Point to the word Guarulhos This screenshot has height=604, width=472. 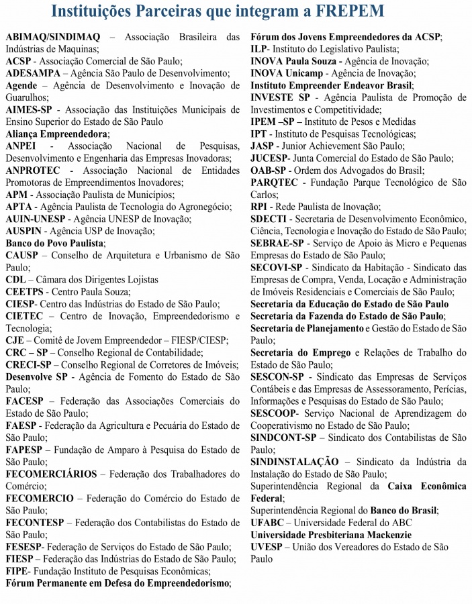pyautogui.click(x=27, y=97)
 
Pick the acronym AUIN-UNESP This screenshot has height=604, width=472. pyautogui.click(x=35, y=219)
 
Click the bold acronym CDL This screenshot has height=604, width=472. pyautogui.click(x=15, y=279)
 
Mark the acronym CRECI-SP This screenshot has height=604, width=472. pyautogui.click(x=28, y=364)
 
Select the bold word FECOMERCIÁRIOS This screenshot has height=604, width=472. pyautogui.click(x=51, y=474)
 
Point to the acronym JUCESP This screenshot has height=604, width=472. pyautogui.click(x=270, y=158)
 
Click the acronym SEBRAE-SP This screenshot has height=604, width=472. pyautogui.click(x=277, y=243)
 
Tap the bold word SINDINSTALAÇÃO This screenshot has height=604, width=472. pyautogui.click(x=295, y=462)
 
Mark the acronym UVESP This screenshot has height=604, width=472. pyautogui.click(x=267, y=547)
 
